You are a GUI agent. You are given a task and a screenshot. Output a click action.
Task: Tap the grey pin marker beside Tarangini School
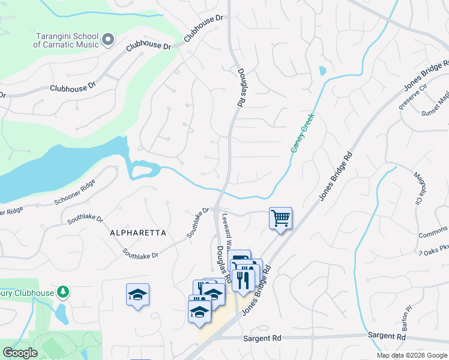coord(108,40)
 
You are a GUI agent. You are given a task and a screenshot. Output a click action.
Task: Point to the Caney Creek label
coord(303,133)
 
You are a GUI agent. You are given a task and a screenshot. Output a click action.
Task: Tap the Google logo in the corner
coord(20,353)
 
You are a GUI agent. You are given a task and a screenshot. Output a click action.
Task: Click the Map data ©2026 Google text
coord(412,355)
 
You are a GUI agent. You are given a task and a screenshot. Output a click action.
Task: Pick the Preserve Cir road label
coord(414,96)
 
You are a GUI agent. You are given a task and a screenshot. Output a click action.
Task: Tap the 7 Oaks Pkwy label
coord(433,248)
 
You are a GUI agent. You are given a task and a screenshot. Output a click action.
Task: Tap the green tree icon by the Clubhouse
coord(62,292)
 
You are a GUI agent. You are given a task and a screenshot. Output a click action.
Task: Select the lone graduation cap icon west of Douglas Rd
coord(137,295)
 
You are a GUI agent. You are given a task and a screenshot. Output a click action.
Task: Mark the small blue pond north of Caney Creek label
coord(323,71)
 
